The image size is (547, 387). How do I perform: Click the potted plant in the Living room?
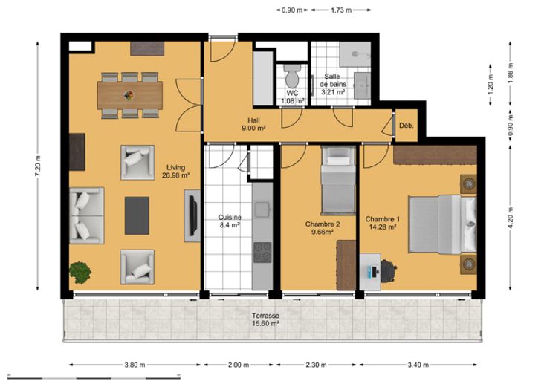point(80,273)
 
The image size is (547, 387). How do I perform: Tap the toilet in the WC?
point(292,76)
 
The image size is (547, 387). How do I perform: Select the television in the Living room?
point(192,216)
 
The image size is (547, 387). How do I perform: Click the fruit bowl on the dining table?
point(129,95)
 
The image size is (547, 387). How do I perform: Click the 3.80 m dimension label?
point(135,365)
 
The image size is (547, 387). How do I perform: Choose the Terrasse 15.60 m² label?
point(266,319)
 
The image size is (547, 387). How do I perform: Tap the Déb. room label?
point(407,126)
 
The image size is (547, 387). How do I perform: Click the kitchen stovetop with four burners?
point(262,252)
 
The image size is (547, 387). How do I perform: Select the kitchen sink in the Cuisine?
point(262,209)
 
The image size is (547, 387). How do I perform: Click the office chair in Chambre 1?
point(388,270)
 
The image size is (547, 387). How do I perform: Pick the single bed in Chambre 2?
point(338,180)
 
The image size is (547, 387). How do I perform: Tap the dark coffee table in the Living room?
point(137,215)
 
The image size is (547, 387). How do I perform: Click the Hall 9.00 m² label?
point(253,125)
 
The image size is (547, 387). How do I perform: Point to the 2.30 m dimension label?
point(316,365)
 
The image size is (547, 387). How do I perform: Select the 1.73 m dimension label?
point(341,10)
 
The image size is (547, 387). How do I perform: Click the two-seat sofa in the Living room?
point(87,215)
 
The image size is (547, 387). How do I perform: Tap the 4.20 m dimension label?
point(511,218)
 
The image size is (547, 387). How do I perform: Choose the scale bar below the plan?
point(94,377)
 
